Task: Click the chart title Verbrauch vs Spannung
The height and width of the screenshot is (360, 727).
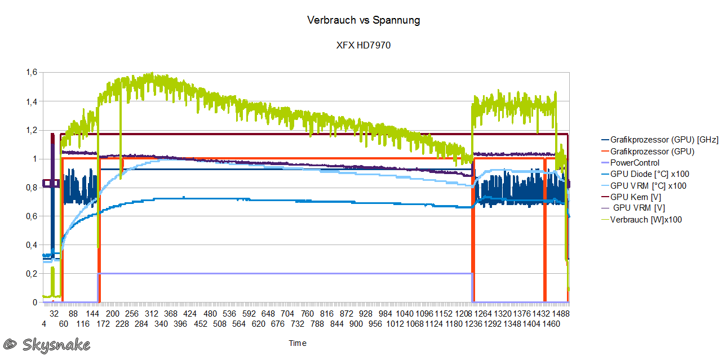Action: point(363,20)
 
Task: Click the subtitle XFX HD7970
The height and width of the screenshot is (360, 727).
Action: point(363,46)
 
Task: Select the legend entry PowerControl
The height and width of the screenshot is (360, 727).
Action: point(635,163)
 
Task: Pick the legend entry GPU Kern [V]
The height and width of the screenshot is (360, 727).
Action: point(635,197)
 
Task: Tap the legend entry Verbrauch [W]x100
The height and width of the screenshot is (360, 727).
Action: point(646,220)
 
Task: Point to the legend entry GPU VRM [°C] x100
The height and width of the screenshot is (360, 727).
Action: point(648,185)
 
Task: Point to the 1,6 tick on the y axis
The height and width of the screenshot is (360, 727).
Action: point(32,72)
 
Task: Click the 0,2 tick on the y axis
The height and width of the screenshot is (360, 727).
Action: point(32,274)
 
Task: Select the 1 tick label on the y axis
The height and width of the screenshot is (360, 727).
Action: point(35,159)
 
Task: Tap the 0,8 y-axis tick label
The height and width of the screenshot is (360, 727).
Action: point(32,188)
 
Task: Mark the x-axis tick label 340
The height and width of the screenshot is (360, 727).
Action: point(161,324)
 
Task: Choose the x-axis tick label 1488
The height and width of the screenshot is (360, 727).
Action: point(560,313)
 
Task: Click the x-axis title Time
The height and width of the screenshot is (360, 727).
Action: point(298,343)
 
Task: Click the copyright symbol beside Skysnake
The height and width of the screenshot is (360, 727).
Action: point(10,344)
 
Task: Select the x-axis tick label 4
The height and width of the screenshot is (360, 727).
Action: point(44,324)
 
